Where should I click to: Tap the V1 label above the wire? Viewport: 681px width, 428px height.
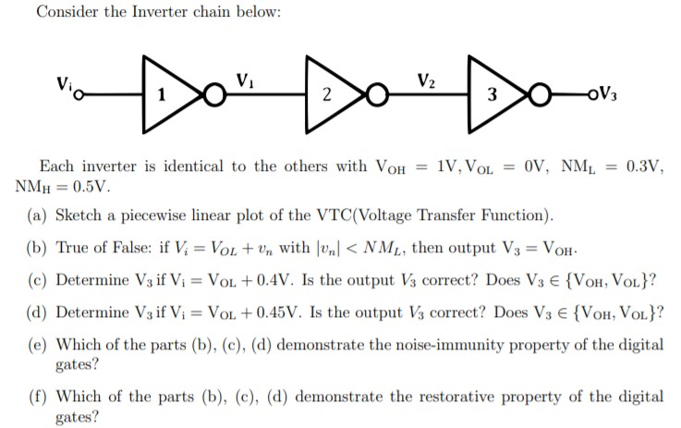(246, 79)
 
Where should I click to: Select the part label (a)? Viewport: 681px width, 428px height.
(40, 217)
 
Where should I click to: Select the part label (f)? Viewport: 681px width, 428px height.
(40, 397)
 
